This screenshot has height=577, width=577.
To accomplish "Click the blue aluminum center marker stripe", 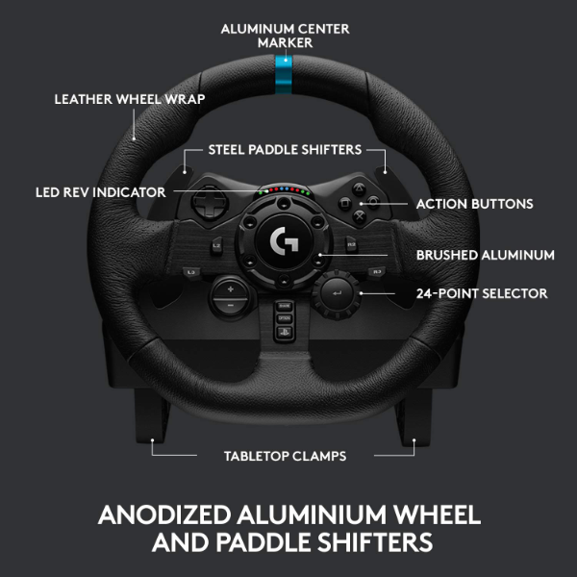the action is (x=284, y=74).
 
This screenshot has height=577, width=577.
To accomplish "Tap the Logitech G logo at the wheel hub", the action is (x=284, y=239).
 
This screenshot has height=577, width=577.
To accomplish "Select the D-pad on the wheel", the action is (x=209, y=203).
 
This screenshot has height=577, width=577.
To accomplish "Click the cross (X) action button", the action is (x=360, y=216).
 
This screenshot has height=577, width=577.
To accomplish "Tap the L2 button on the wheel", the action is (x=216, y=246).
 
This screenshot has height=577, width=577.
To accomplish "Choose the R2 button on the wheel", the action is (x=351, y=244).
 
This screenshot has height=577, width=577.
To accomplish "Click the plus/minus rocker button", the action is (x=231, y=297).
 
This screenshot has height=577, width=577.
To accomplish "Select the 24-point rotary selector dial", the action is (x=337, y=293).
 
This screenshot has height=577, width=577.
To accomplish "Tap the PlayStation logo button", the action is (x=284, y=332).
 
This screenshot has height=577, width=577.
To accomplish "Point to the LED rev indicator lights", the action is (x=284, y=190).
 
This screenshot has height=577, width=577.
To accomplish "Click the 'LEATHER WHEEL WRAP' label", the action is (x=130, y=99).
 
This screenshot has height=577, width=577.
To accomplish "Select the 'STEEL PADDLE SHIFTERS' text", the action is (x=285, y=150).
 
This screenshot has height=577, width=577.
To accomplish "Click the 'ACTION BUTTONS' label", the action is (x=474, y=204).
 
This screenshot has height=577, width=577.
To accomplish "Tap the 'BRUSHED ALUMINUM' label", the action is (x=486, y=255).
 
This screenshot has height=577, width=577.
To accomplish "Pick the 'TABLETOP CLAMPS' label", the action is (x=286, y=456).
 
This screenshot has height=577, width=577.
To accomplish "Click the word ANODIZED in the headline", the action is (x=164, y=514).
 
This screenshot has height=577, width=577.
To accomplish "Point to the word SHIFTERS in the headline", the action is (x=375, y=542).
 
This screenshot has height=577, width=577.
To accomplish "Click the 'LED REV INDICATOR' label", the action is (x=100, y=192).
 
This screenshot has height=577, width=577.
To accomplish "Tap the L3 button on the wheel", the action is (x=191, y=273).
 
